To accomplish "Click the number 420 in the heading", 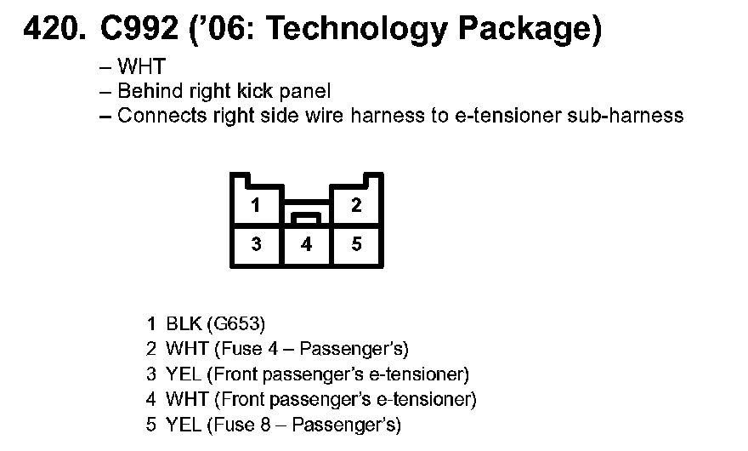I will tap(53, 30).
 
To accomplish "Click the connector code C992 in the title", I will tap(137, 30).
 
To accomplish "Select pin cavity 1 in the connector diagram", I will tap(255, 205).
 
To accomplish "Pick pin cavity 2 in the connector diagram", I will tap(356, 205).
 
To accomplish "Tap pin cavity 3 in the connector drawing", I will tap(255, 245).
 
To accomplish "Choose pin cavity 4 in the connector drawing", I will tap(306, 245).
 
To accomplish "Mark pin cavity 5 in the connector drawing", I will tap(356, 245).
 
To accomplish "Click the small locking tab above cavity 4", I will tap(306, 218).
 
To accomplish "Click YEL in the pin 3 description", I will tap(182, 374).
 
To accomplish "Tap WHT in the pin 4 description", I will tap(186, 399).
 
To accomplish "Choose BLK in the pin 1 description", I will tap(184, 324).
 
